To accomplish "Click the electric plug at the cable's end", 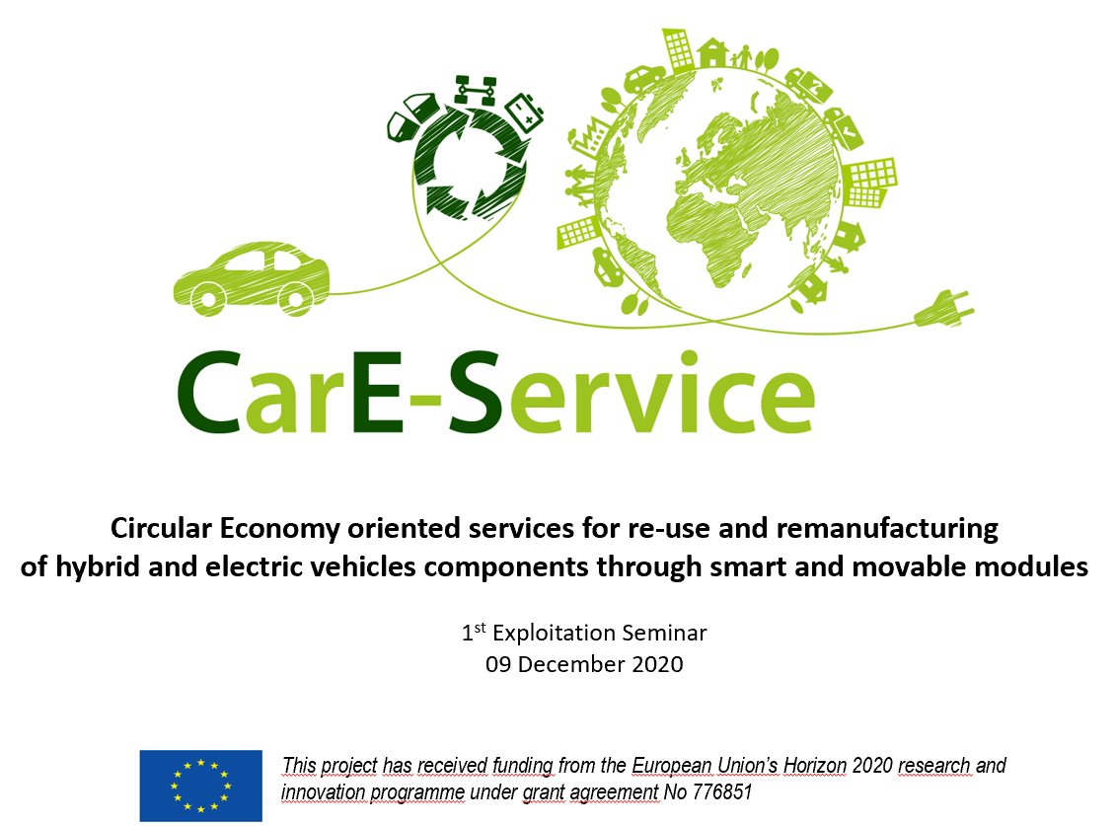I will (944, 312).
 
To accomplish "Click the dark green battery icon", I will (525, 111).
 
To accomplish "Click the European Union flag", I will (200, 786).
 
